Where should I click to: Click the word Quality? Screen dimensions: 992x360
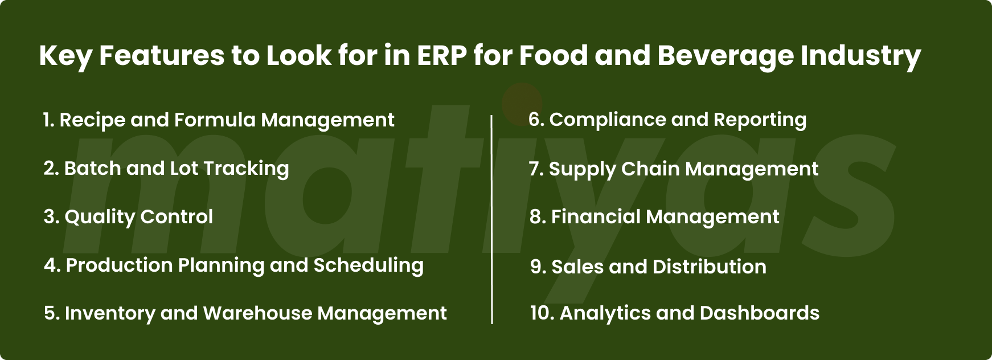point(100,217)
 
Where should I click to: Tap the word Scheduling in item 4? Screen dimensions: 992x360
point(368,266)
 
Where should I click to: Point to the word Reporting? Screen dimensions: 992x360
point(760,120)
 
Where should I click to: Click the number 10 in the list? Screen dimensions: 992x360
point(540,313)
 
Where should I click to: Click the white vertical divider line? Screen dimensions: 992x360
point(491,220)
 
